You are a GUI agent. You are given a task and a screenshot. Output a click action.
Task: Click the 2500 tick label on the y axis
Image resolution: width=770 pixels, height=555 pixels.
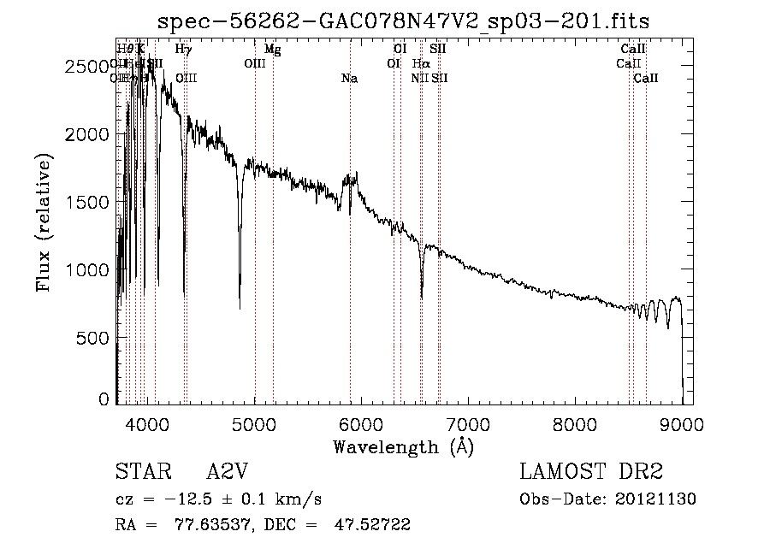(90, 67)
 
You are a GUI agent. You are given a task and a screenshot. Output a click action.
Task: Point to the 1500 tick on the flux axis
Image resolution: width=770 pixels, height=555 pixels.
(90, 203)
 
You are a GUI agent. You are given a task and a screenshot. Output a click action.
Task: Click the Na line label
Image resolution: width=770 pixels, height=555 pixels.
(349, 79)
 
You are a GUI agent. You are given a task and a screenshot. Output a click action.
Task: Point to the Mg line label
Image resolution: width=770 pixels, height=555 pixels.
(272, 50)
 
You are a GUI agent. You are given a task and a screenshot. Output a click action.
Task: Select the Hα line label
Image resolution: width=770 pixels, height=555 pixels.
(420, 64)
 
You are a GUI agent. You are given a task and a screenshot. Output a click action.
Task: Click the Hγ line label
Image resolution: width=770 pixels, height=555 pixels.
(183, 50)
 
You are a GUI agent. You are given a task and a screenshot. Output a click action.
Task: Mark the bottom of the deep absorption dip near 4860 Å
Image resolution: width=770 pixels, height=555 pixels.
(240, 307)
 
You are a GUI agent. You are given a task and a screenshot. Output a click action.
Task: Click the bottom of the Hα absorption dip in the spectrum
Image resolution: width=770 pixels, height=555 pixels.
(421, 298)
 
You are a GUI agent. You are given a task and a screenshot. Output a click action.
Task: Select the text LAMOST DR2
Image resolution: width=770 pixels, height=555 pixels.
(591, 471)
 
